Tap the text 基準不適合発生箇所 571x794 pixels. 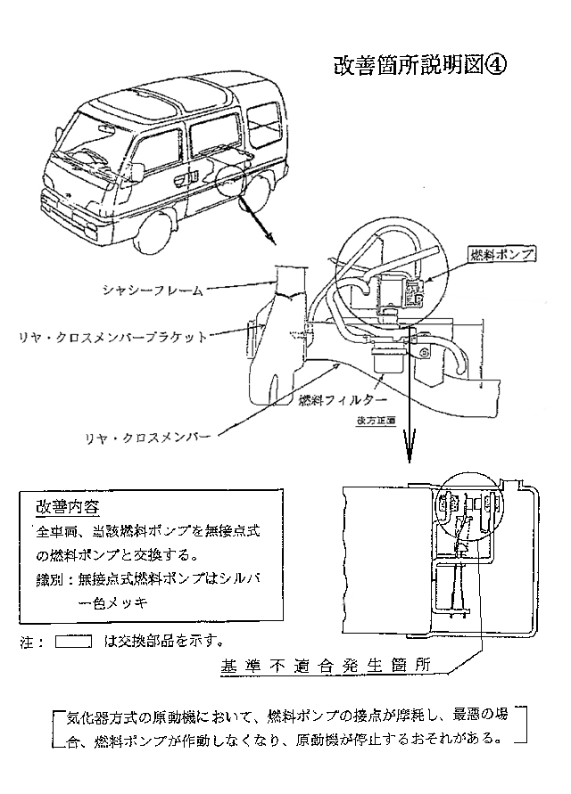(x=326, y=665)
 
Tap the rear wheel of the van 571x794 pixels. (x=259, y=188)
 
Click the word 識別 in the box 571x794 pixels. (x=52, y=578)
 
